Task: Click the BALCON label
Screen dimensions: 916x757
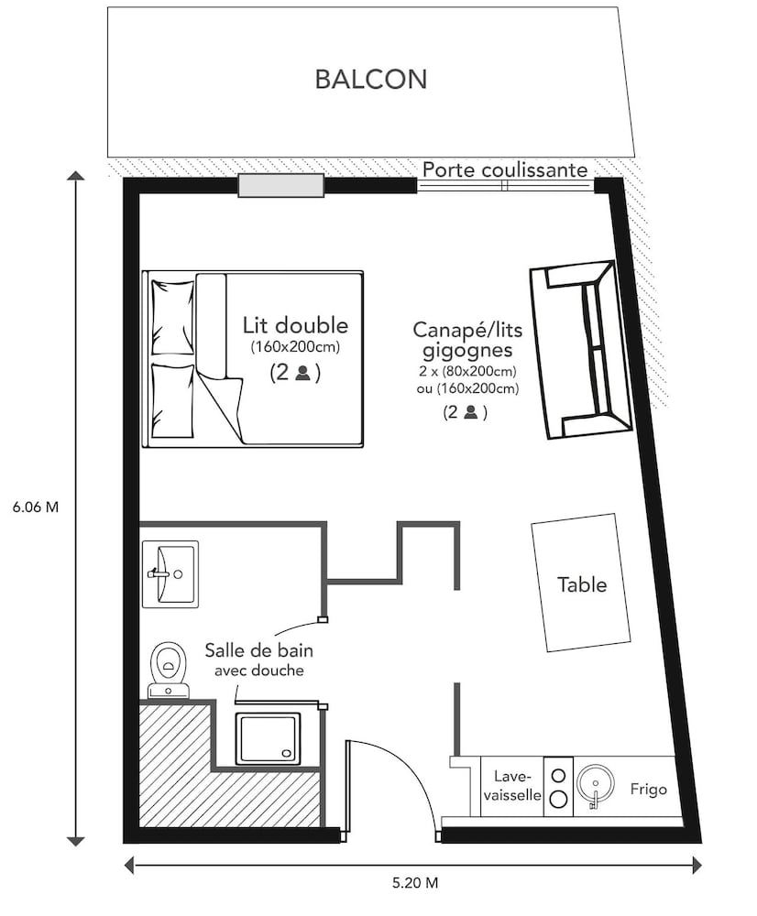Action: [370, 79]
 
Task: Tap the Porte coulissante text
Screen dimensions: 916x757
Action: [505, 169]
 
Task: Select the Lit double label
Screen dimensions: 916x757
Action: [296, 325]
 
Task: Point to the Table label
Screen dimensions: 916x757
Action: [582, 583]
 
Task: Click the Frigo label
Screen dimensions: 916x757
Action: [649, 788]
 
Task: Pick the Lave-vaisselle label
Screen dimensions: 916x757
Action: [511, 784]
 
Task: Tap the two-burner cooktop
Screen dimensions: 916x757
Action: [557, 785]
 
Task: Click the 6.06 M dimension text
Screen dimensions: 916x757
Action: [36, 507]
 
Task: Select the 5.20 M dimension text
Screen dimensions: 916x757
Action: [415, 884]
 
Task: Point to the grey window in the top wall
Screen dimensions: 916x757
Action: [281, 186]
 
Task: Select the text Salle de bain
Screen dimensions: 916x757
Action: [256, 651]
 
